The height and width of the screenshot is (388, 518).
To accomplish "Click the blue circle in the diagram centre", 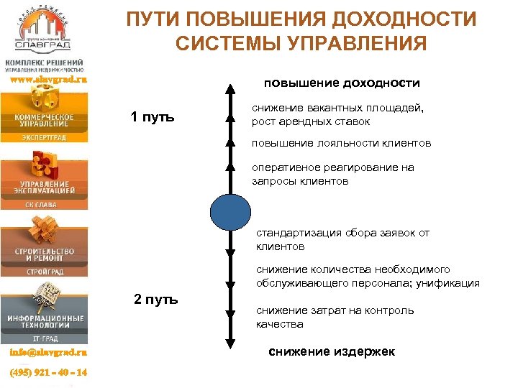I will click(x=230, y=211).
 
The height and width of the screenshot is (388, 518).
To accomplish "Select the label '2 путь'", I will click(x=156, y=300).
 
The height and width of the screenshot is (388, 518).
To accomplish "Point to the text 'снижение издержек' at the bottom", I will click(x=332, y=351).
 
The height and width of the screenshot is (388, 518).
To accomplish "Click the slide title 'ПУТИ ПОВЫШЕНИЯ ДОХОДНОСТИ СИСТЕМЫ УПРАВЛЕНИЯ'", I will click(x=301, y=31).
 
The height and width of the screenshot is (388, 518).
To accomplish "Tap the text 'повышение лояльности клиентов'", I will click(x=341, y=144).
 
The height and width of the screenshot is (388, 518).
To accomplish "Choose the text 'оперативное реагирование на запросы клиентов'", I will click(x=332, y=175).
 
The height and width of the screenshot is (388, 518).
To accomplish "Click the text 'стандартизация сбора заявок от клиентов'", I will click(x=342, y=239).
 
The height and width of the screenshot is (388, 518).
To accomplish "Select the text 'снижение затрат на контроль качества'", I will click(x=335, y=317).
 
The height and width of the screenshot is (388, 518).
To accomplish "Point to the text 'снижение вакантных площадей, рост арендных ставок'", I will click(x=337, y=115).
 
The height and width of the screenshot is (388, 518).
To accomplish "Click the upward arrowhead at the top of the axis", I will click(x=230, y=91).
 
